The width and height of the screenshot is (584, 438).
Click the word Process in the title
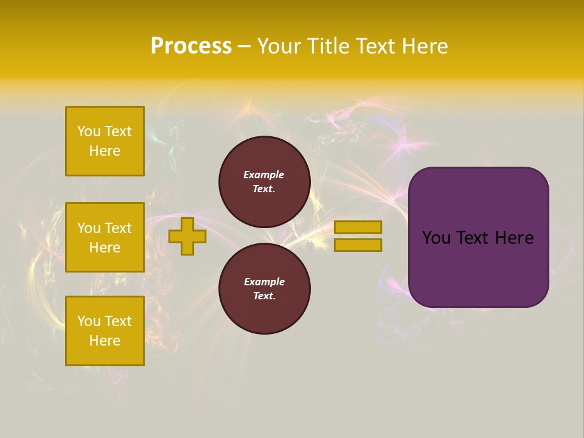click(x=191, y=46)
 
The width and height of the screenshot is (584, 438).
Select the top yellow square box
click(x=105, y=141)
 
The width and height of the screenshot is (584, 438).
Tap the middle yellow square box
click(x=105, y=237)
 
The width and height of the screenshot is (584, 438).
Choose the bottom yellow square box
click(x=105, y=331)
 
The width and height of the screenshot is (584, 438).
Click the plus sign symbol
click(x=187, y=236)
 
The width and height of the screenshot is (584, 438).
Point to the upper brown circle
click(x=264, y=182)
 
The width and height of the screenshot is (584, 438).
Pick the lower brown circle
click(x=264, y=289)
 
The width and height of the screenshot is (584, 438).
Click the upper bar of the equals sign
click(x=358, y=227)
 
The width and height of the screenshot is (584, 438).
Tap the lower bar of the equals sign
click(x=358, y=245)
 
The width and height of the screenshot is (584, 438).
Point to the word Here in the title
click(x=425, y=46)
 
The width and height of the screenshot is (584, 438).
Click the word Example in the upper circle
click(x=263, y=175)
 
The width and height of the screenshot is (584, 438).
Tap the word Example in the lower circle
click(x=264, y=282)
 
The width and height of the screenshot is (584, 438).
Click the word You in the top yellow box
click(x=89, y=131)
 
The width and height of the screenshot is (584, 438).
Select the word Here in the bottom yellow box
click(x=105, y=341)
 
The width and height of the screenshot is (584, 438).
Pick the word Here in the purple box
click(x=514, y=238)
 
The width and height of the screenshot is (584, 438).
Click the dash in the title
click(x=245, y=46)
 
